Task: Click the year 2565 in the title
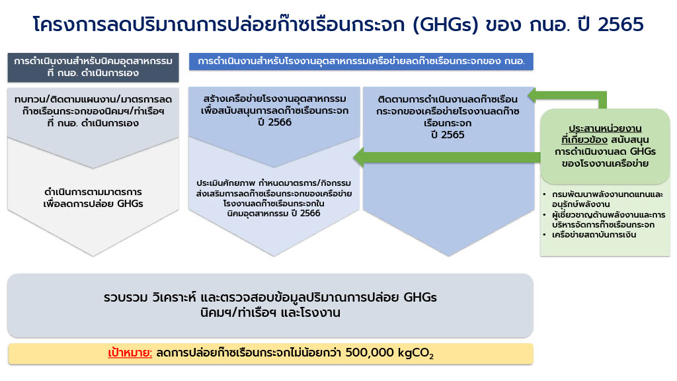(621, 24)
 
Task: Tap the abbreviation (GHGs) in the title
(446, 25)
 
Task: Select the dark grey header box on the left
(93, 67)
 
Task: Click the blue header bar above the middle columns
(361, 62)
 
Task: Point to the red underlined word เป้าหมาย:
(130, 353)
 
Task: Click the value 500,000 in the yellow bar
(370, 353)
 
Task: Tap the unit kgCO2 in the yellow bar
(416, 353)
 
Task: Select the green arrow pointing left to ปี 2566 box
(447, 157)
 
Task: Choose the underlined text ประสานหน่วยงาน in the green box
(605, 128)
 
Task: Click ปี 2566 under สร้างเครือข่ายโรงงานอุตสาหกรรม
(274, 122)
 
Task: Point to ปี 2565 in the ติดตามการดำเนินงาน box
(448, 135)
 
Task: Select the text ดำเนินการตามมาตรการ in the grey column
(93, 192)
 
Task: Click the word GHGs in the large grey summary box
(420, 298)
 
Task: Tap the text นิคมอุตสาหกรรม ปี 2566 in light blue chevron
(274, 214)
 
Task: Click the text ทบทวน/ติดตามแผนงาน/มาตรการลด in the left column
(93, 99)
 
